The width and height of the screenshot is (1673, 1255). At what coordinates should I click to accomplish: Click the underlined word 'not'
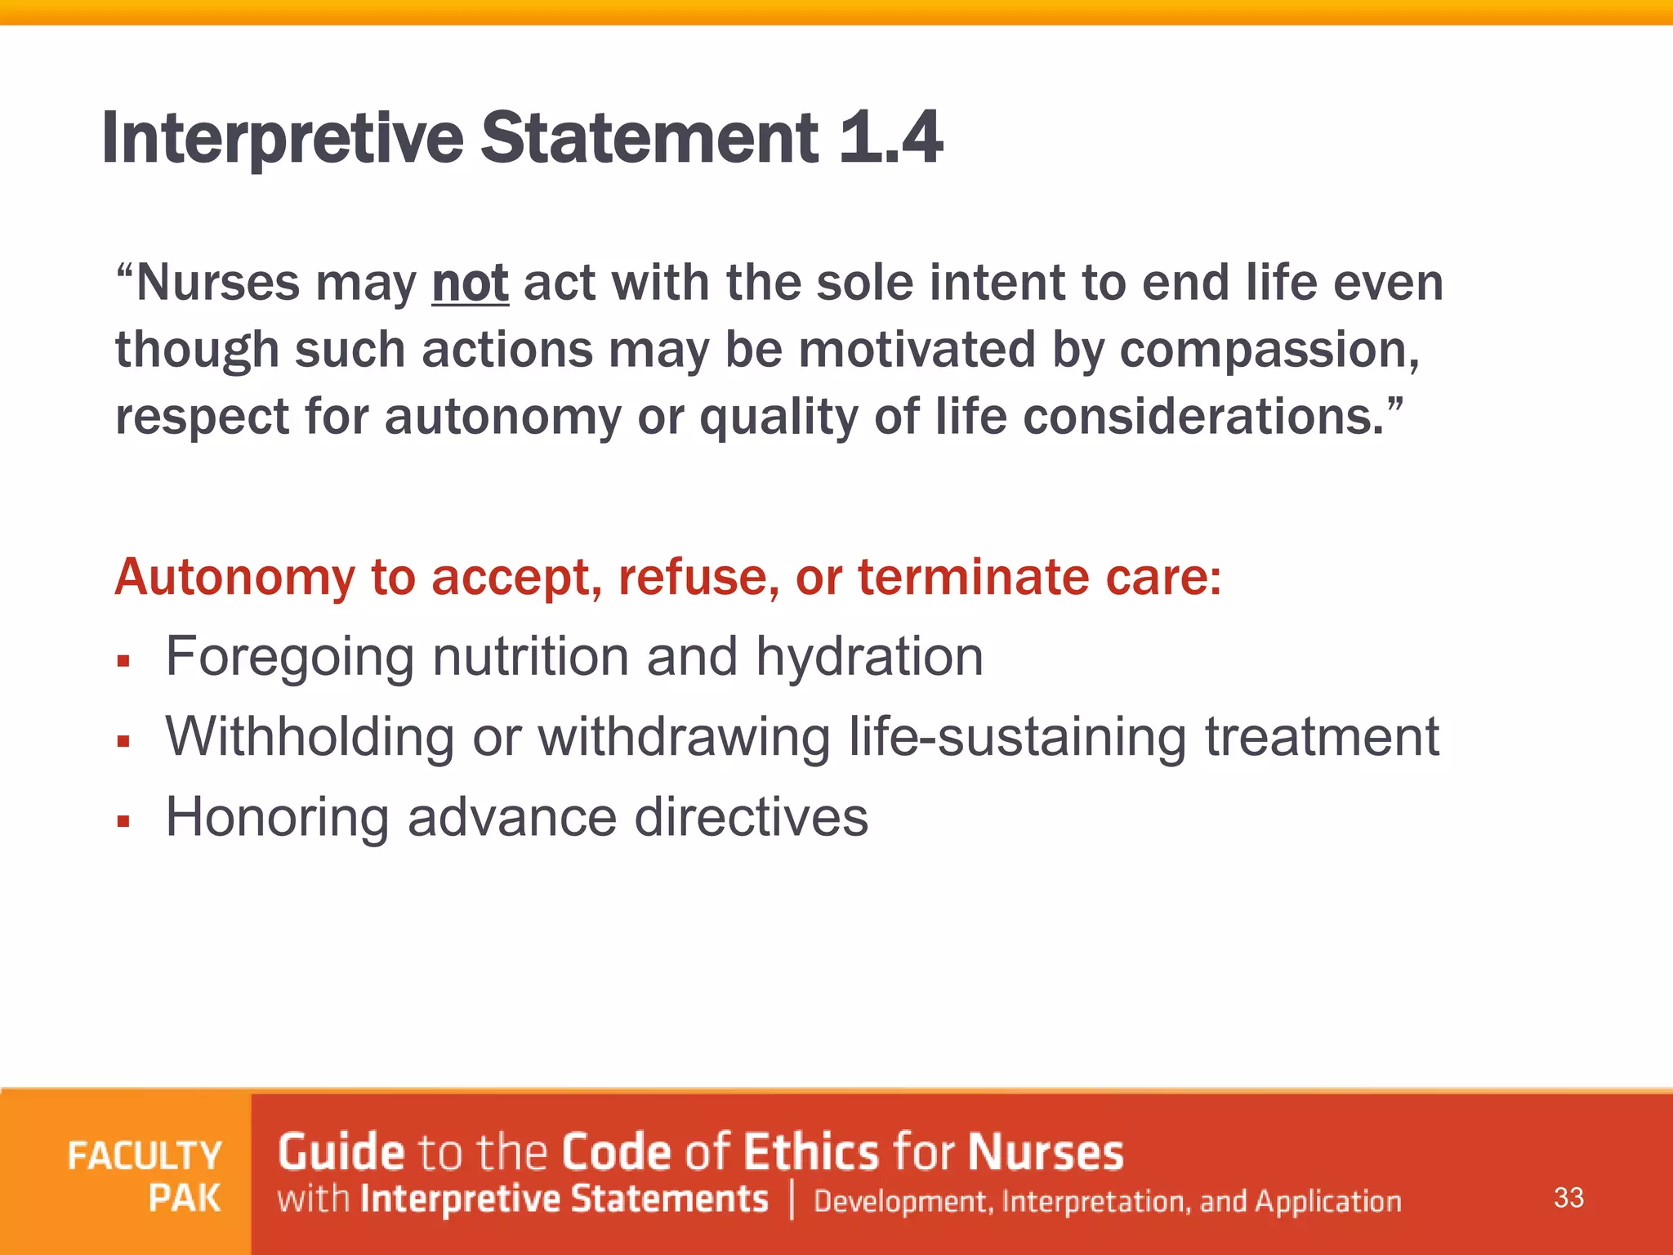pos(470,283)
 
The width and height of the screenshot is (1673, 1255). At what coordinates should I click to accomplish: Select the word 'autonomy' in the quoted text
pos(502,417)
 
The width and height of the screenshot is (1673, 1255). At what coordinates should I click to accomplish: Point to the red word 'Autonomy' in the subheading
pos(234,577)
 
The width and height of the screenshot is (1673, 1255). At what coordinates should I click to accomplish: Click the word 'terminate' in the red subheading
pos(973,577)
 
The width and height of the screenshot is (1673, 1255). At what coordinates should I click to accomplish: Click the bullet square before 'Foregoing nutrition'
pos(124,660)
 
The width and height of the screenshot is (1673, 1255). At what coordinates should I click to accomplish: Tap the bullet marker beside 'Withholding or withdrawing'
pos(124,741)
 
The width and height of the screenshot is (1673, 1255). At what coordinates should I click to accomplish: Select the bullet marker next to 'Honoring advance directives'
pos(124,821)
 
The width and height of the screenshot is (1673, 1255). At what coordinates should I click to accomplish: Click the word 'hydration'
pos(869,656)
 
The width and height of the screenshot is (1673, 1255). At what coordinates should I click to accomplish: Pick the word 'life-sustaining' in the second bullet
pos(1016,736)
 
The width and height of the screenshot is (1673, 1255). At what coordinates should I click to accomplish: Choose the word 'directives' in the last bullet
pos(751,816)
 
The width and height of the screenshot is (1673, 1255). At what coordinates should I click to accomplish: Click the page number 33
pos(1568,1198)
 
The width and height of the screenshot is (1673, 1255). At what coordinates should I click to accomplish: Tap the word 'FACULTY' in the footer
pos(145,1156)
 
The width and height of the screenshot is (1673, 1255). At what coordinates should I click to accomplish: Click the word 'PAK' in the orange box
pos(185,1199)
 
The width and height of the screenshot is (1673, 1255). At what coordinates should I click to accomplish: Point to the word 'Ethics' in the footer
pos(811,1152)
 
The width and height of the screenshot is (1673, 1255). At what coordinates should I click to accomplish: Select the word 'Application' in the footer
pos(1327,1201)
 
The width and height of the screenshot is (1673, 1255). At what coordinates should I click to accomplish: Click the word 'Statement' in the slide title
pos(649,137)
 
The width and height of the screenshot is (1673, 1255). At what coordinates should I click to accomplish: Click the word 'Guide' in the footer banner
pos(341,1152)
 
